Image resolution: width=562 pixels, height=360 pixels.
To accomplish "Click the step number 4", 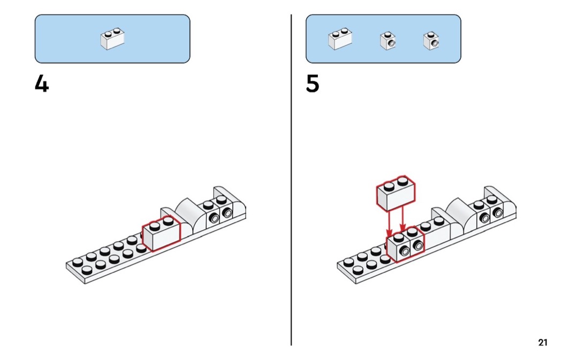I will coord(42,84).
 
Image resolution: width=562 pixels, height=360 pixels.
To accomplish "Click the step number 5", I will coord(313,84).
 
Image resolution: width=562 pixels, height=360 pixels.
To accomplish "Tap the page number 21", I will coord(543,342).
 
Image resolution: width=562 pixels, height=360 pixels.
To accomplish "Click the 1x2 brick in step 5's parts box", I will coord(340,40).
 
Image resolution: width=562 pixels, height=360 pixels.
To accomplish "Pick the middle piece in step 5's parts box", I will coord(388,41).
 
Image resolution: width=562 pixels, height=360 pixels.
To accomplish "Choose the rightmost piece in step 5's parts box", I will coord(431,41).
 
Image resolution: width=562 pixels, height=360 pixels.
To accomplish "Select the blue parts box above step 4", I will coord(112,39).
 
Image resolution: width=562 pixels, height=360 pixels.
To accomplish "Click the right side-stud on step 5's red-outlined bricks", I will coord(417,246).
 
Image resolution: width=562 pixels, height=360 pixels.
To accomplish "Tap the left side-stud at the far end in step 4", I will coord(215,217).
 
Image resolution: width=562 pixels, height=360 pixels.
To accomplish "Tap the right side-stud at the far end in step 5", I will coord(498,213).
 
